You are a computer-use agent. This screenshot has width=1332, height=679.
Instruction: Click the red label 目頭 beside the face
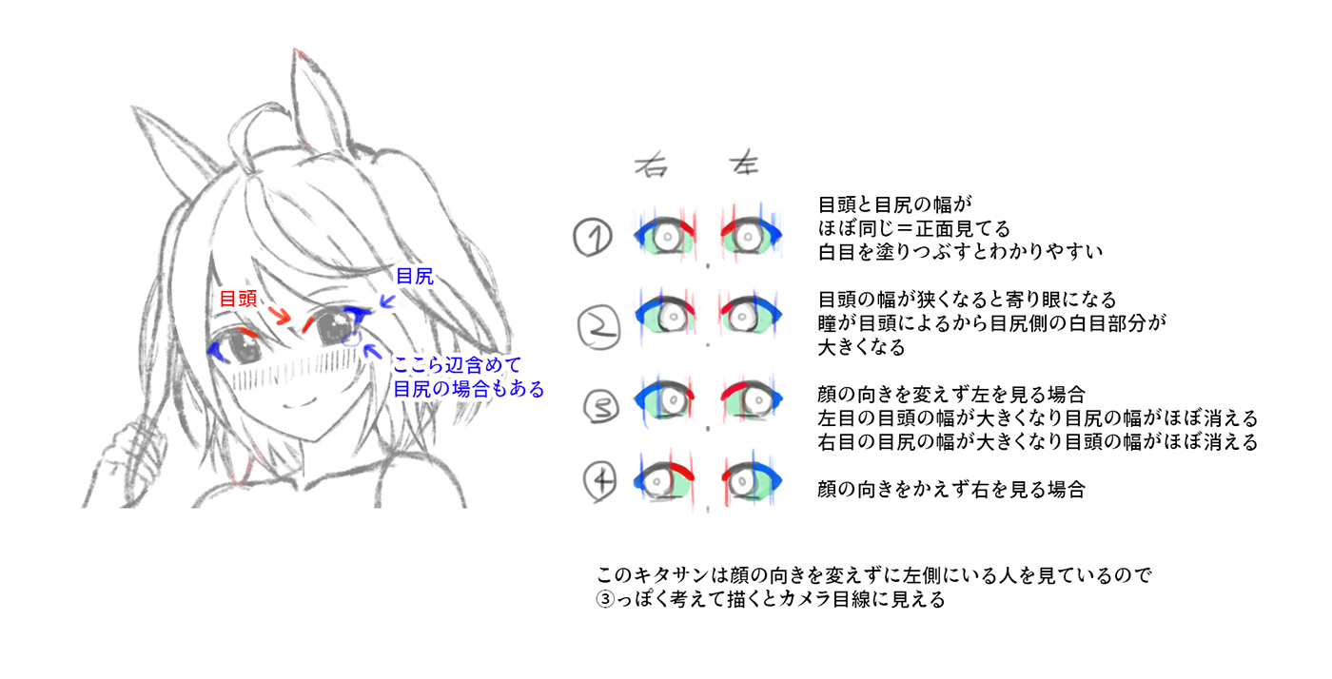point(238,298)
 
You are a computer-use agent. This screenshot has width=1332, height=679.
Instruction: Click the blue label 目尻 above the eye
point(414,277)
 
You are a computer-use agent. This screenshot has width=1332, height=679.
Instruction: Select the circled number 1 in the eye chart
point(593,237)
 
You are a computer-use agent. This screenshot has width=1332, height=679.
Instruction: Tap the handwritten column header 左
point(743,163)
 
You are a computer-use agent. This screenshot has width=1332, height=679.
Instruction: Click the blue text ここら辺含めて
point(457,366)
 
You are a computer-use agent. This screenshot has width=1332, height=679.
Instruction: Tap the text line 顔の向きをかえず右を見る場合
point(950,491)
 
